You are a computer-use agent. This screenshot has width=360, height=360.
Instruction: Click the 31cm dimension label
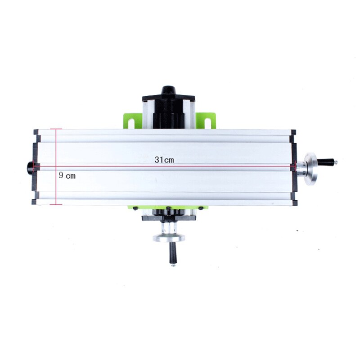[164, 160]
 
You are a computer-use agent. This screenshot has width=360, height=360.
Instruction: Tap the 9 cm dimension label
[67, 175]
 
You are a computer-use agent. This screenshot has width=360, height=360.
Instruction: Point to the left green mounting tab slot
[130, 121]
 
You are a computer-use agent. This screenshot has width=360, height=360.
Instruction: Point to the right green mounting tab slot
[208, 121]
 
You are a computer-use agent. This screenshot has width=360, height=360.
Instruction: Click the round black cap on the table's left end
[30, 167]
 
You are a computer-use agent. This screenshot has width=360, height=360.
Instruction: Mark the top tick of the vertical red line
[56, 129]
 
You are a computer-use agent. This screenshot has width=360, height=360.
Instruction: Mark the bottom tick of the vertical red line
[56, 205]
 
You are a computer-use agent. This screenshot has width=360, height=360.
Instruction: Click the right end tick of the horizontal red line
[293, 166]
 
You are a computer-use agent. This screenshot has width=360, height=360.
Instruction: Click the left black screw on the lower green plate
[134, 208]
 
